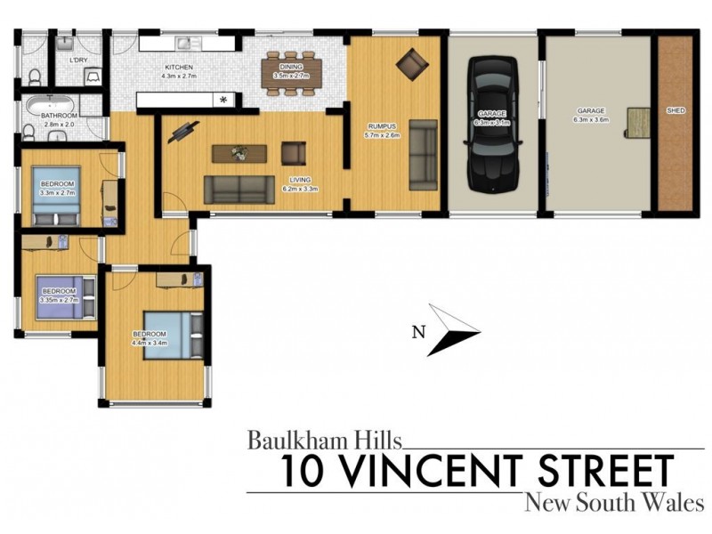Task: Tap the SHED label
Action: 676,111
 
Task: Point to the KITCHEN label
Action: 180,67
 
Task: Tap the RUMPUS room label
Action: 382,127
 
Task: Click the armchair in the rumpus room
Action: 411,63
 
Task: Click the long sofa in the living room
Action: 239,189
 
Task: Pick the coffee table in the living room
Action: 239,153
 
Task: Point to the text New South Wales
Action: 614,503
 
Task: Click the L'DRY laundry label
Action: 78,61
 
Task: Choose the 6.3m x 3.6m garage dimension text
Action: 589,119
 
